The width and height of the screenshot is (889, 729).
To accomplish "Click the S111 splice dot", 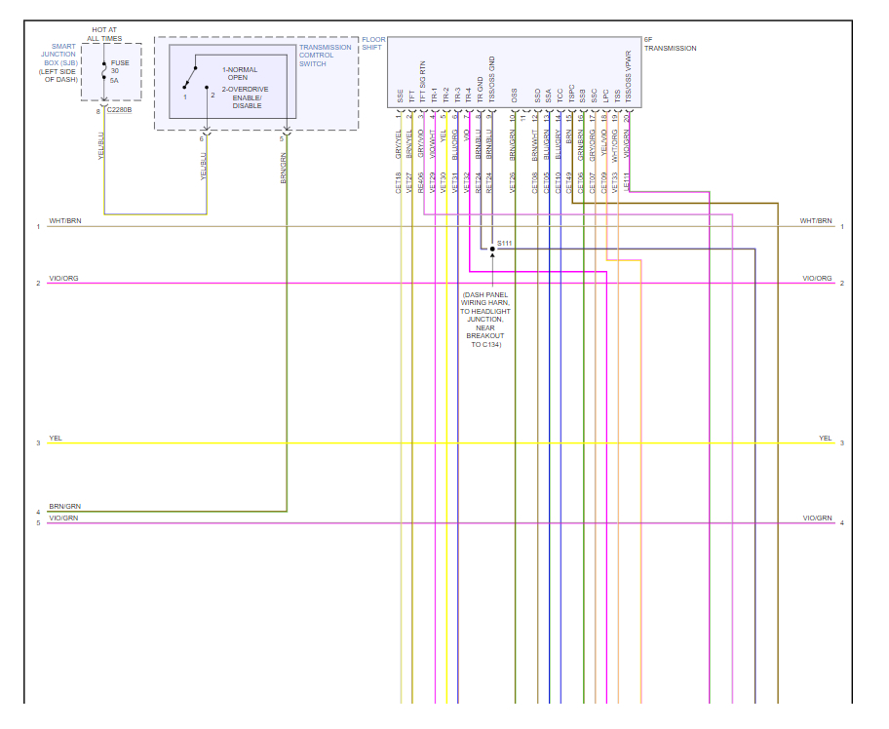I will click(x=492, y=249).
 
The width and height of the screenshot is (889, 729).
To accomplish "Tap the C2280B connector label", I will click(x=120, y=110).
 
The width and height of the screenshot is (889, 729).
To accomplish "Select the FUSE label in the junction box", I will click(x=120, y=62).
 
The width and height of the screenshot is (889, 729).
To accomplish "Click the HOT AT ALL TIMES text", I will click(x=104, y=34).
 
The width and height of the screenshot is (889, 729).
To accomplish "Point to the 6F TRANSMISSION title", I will click(x=670, y=44).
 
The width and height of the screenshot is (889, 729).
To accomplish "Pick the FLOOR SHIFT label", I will click(x=371, y=44).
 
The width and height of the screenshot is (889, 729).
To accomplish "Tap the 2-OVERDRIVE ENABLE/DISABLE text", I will click(x=243, y=96).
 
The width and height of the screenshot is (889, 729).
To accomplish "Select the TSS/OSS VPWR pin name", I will click(x=628, y=77).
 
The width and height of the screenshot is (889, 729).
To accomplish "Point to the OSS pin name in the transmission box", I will click(x=514, y=96).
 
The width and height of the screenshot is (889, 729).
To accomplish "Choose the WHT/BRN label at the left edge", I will click(x=64, y=221).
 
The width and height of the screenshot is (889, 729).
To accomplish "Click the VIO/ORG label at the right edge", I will click(x=817, y=278).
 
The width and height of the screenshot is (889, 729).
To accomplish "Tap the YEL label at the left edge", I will click(x=56, y=439).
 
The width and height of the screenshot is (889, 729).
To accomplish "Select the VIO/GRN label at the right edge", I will click(x=817, y=518).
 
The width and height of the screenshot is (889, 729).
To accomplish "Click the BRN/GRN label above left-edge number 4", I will click(x=64, y=506).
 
